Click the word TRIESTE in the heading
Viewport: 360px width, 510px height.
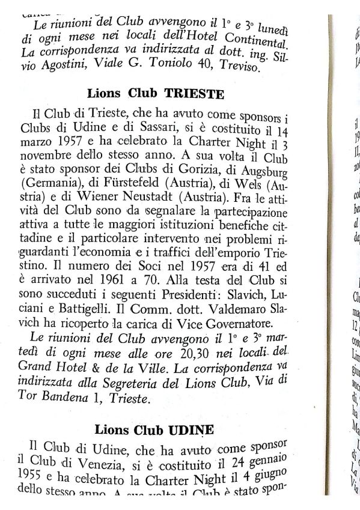(195, 94)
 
